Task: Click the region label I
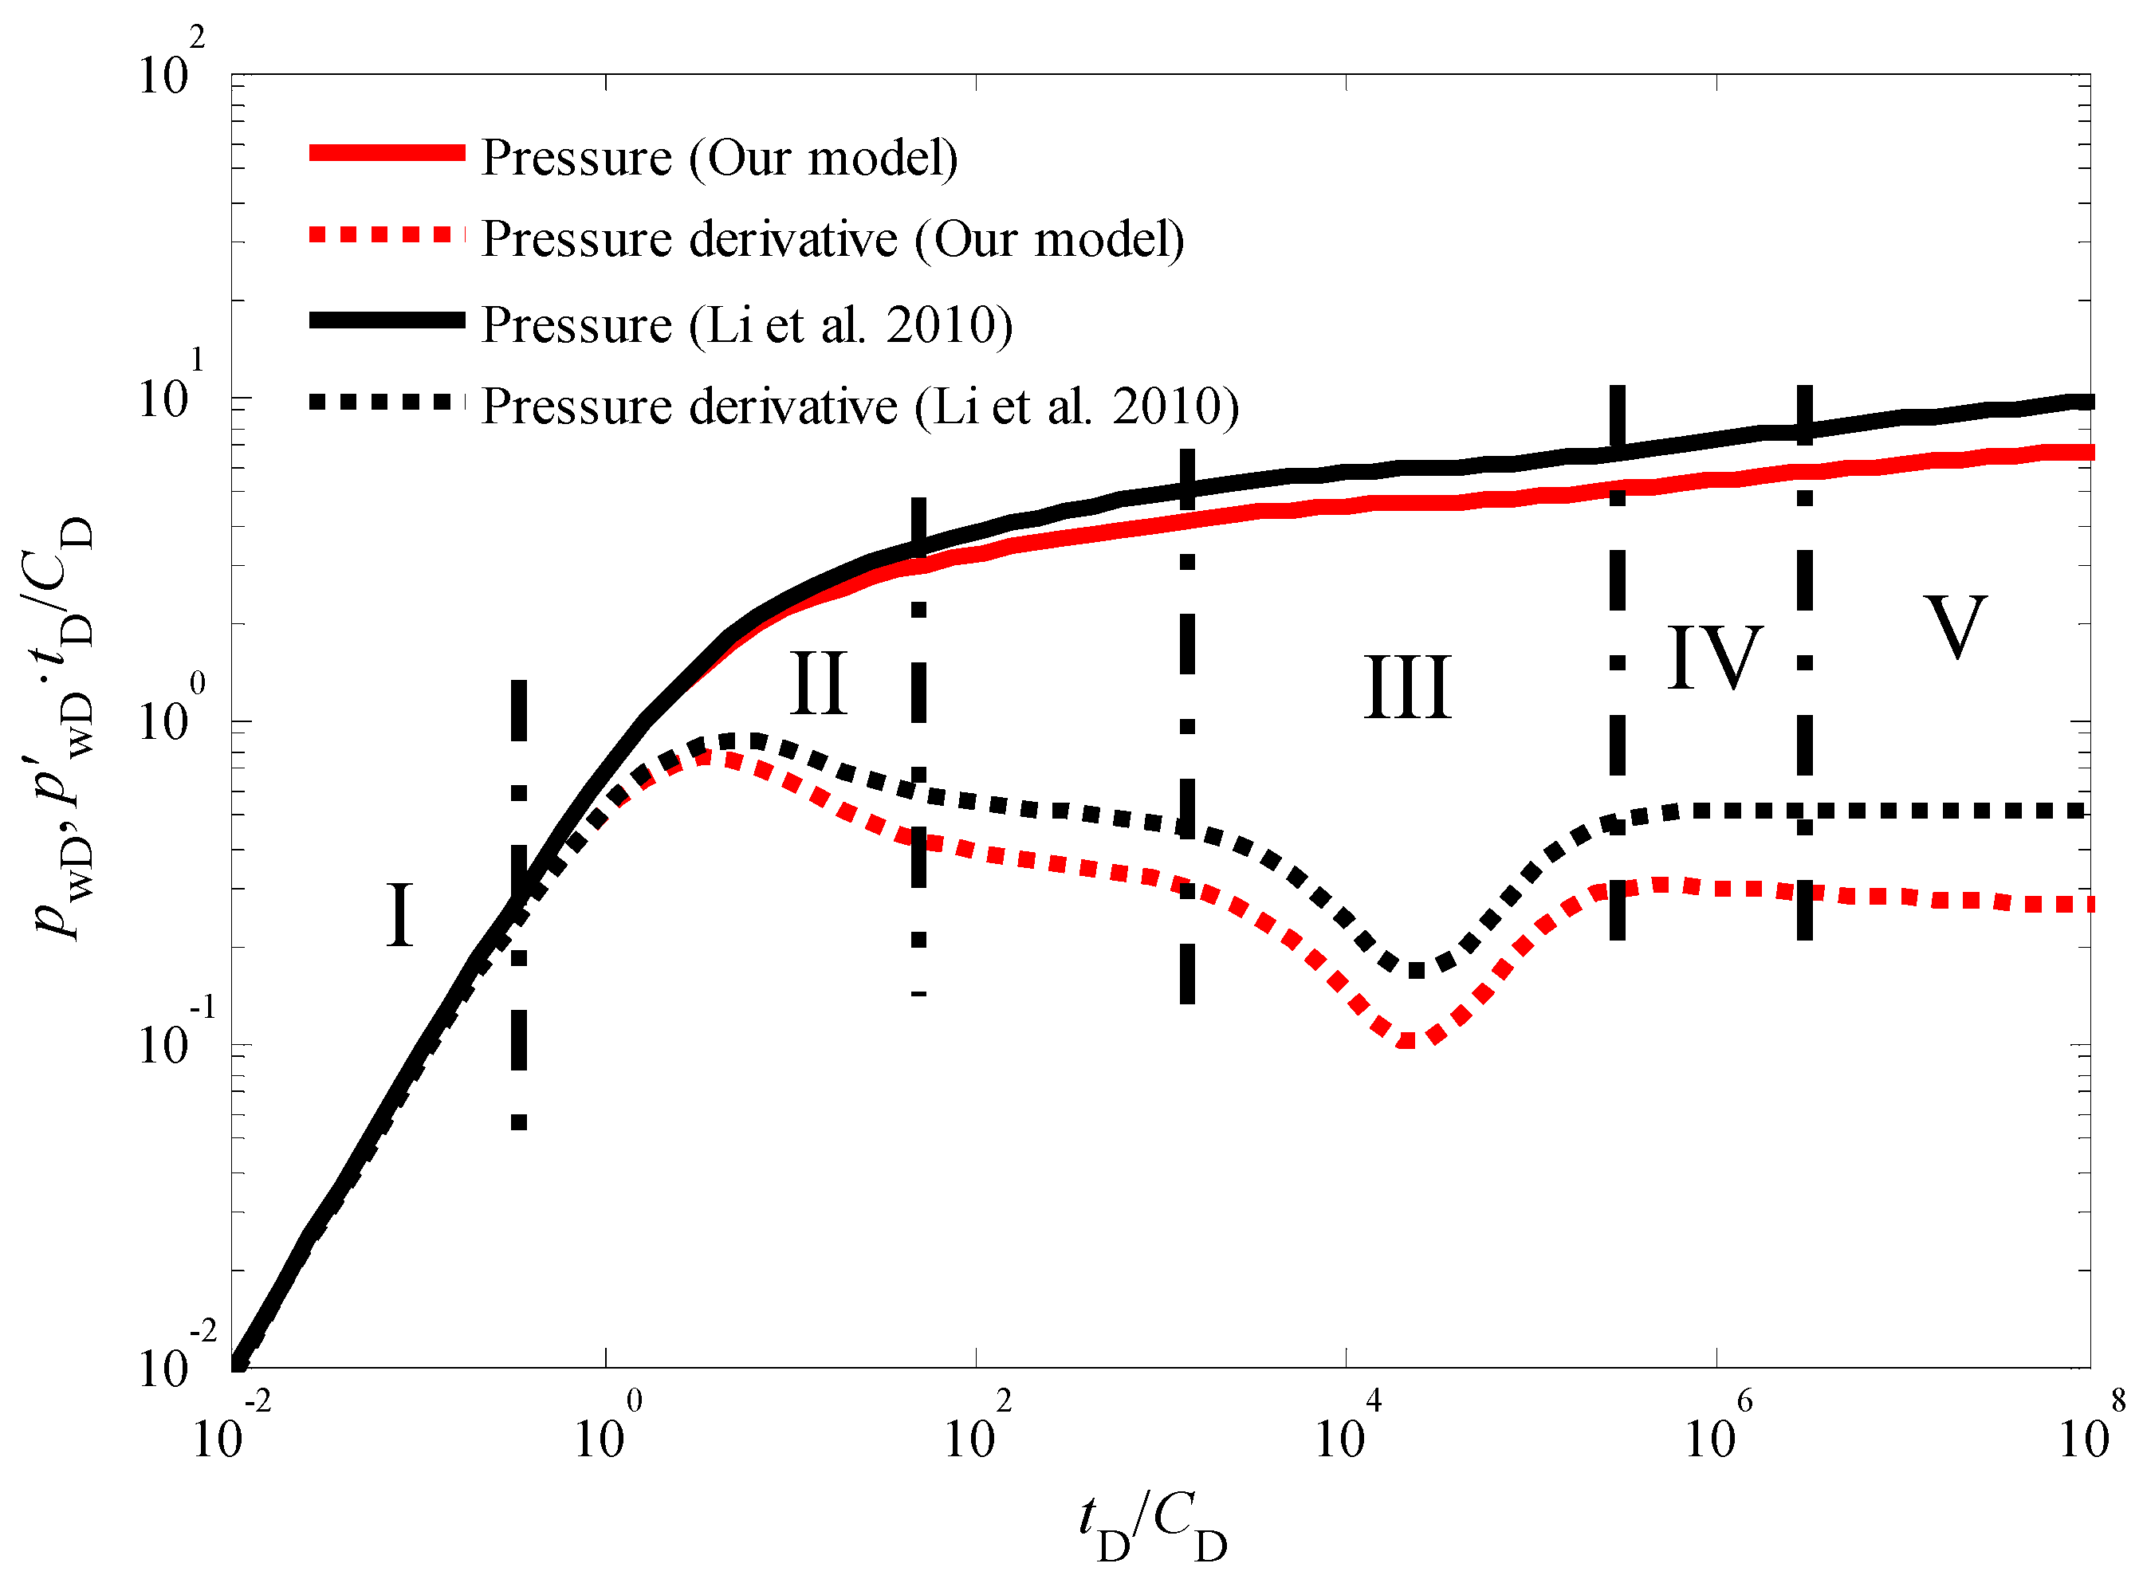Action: (399, 916)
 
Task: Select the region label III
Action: (1407, 687)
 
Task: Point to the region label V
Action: (1955, 627)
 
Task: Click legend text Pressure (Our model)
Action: (719, 158)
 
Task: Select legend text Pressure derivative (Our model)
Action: (832, 239)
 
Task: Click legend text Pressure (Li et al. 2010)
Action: (746, 325)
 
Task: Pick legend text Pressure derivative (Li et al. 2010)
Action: (859, 407)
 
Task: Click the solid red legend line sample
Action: (387, 153)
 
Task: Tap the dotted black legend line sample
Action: (387, 403)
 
